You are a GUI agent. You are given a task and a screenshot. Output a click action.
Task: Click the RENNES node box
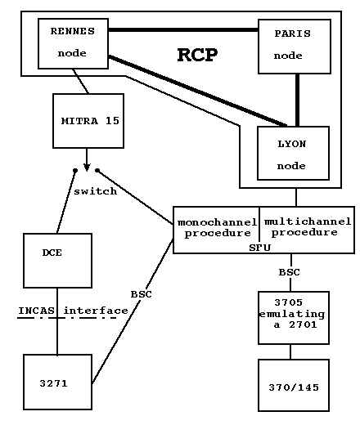click(x=73, y=43)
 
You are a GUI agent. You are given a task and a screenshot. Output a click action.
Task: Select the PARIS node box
click(x=295, y=47)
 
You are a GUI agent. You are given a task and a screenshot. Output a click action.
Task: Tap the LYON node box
click(x=293, y=153)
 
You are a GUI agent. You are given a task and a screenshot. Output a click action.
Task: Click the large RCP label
click(x=197, y=55)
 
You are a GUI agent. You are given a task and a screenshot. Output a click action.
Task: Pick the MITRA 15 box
click(x=88, y=121)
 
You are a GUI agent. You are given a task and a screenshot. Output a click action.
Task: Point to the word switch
click(x=96, y=191)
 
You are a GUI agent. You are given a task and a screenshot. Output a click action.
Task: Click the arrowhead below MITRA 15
click(x=87, y=168)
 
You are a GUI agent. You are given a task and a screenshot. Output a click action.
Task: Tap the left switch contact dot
click(x=75, y=171)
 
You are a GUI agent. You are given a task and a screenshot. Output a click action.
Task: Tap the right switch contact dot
click(x=97, y=171)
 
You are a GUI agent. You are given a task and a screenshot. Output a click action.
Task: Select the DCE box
click(x=57, y=261)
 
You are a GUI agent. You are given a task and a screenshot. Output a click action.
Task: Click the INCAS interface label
click(x=73, y=311)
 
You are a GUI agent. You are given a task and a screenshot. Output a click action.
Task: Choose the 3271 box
click(x=57, y=382)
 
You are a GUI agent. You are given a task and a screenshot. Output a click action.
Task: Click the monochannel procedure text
click(x=218, y=228)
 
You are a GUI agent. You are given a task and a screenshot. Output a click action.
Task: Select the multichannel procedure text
click(x=308, y=226)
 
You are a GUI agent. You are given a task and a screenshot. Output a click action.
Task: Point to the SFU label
click(x=260, y=248)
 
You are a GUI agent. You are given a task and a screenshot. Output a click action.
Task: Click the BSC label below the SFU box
click(x=290, y=272)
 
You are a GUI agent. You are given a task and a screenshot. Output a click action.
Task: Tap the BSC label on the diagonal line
click(x=142, y=294)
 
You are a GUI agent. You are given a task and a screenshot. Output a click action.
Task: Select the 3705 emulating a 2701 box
click(x=294, y=318)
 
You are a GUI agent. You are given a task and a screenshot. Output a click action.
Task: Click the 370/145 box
click(x=294, y=385)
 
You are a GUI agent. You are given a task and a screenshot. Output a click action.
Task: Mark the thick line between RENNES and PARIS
click(x=183, y=29)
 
